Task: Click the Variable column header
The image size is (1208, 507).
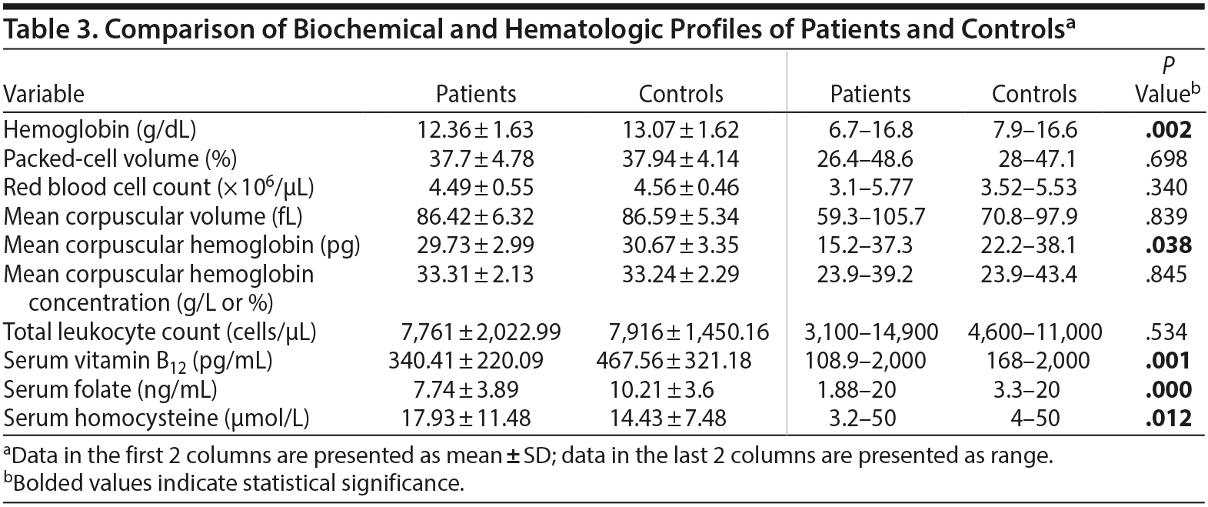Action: [45, 95]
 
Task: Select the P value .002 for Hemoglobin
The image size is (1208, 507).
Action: [1167, 130]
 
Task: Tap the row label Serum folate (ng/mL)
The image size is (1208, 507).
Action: [110, 389]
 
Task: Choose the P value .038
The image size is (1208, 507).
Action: [1167, 245]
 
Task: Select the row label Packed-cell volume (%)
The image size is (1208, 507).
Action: [120, 159]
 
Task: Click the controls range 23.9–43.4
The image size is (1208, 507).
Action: [1034, 275]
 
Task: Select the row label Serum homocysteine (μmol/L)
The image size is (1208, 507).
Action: [157, 419]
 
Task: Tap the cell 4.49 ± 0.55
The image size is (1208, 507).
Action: [481, 188]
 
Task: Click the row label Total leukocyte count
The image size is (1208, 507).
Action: [160, 332]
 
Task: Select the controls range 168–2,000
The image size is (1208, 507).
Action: [1034, 361]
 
